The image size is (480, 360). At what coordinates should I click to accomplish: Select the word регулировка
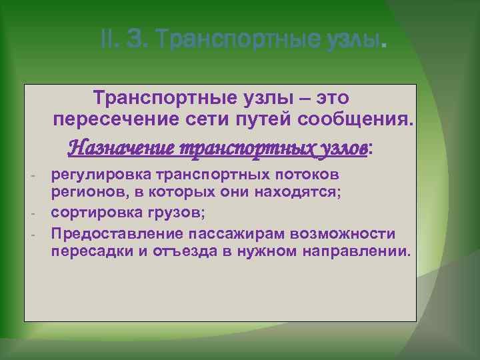(x=101, y=175)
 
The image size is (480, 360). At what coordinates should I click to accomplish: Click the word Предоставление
(x=117, y=233)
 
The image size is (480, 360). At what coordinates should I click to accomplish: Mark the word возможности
(x=347, y=233)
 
